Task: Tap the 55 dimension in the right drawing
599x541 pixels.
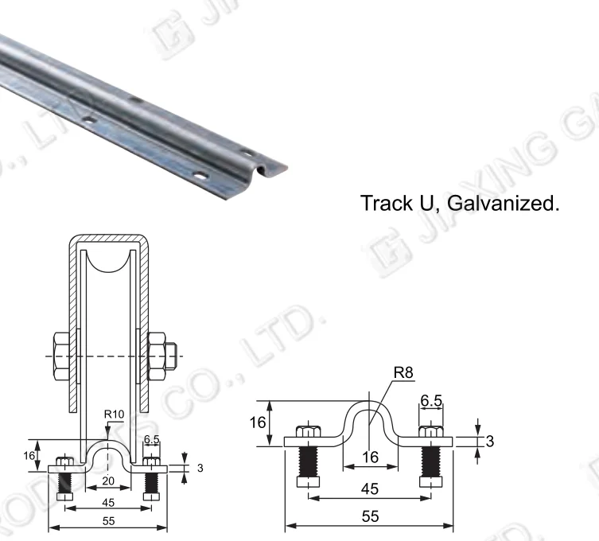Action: click(x=370, y=517)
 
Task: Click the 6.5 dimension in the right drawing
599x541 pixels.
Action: click(x=432, y=402)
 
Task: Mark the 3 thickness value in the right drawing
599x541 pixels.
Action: click(x=489, y=441)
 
